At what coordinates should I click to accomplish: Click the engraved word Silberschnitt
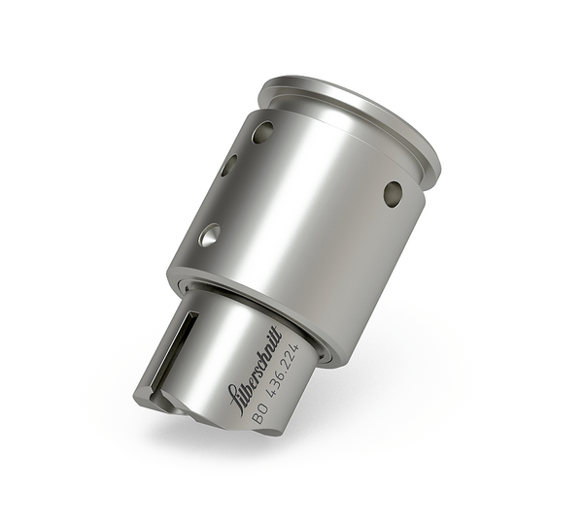click(x=254, y=368)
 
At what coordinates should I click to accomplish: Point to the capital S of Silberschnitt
click(x=233, y=396)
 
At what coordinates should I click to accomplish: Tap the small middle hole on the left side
click(x=228, y=166)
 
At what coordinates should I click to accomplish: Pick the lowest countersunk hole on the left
click(x=209, y=234)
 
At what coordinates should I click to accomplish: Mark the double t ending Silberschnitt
click(x=275, y=337)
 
